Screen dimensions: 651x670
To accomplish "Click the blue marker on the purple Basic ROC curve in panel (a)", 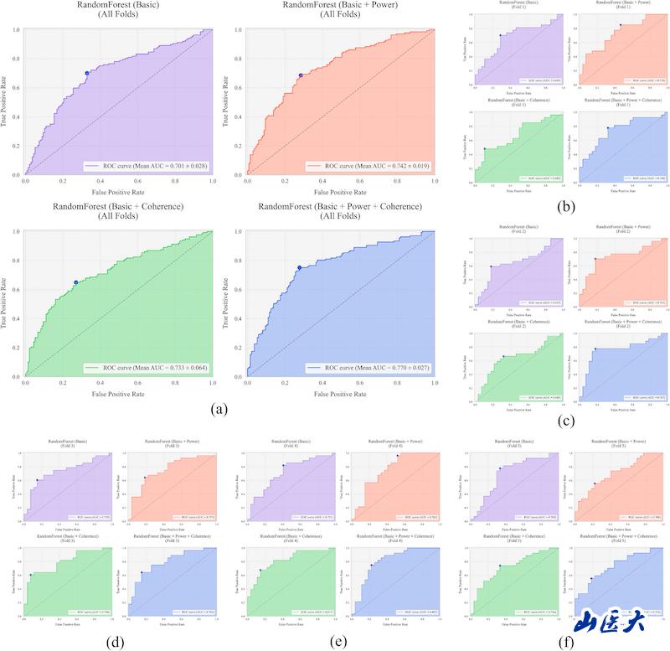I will (x=86, y=73).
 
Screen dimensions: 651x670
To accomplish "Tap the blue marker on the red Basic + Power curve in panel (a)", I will (x=301, y=75).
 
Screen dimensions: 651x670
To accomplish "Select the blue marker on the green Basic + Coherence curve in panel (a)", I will (x=76, y=282).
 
